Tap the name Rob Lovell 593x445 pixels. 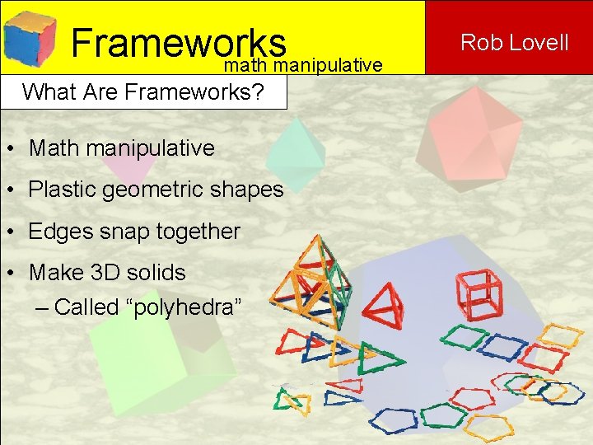point(515,42)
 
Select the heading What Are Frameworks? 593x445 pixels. point(143,91)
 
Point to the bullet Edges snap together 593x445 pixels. point(134,232)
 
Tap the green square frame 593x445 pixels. point(464,336)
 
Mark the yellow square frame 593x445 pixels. point(562,335)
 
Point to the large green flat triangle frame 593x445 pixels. point(380,358)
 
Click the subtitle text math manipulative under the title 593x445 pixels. point(303,64)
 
